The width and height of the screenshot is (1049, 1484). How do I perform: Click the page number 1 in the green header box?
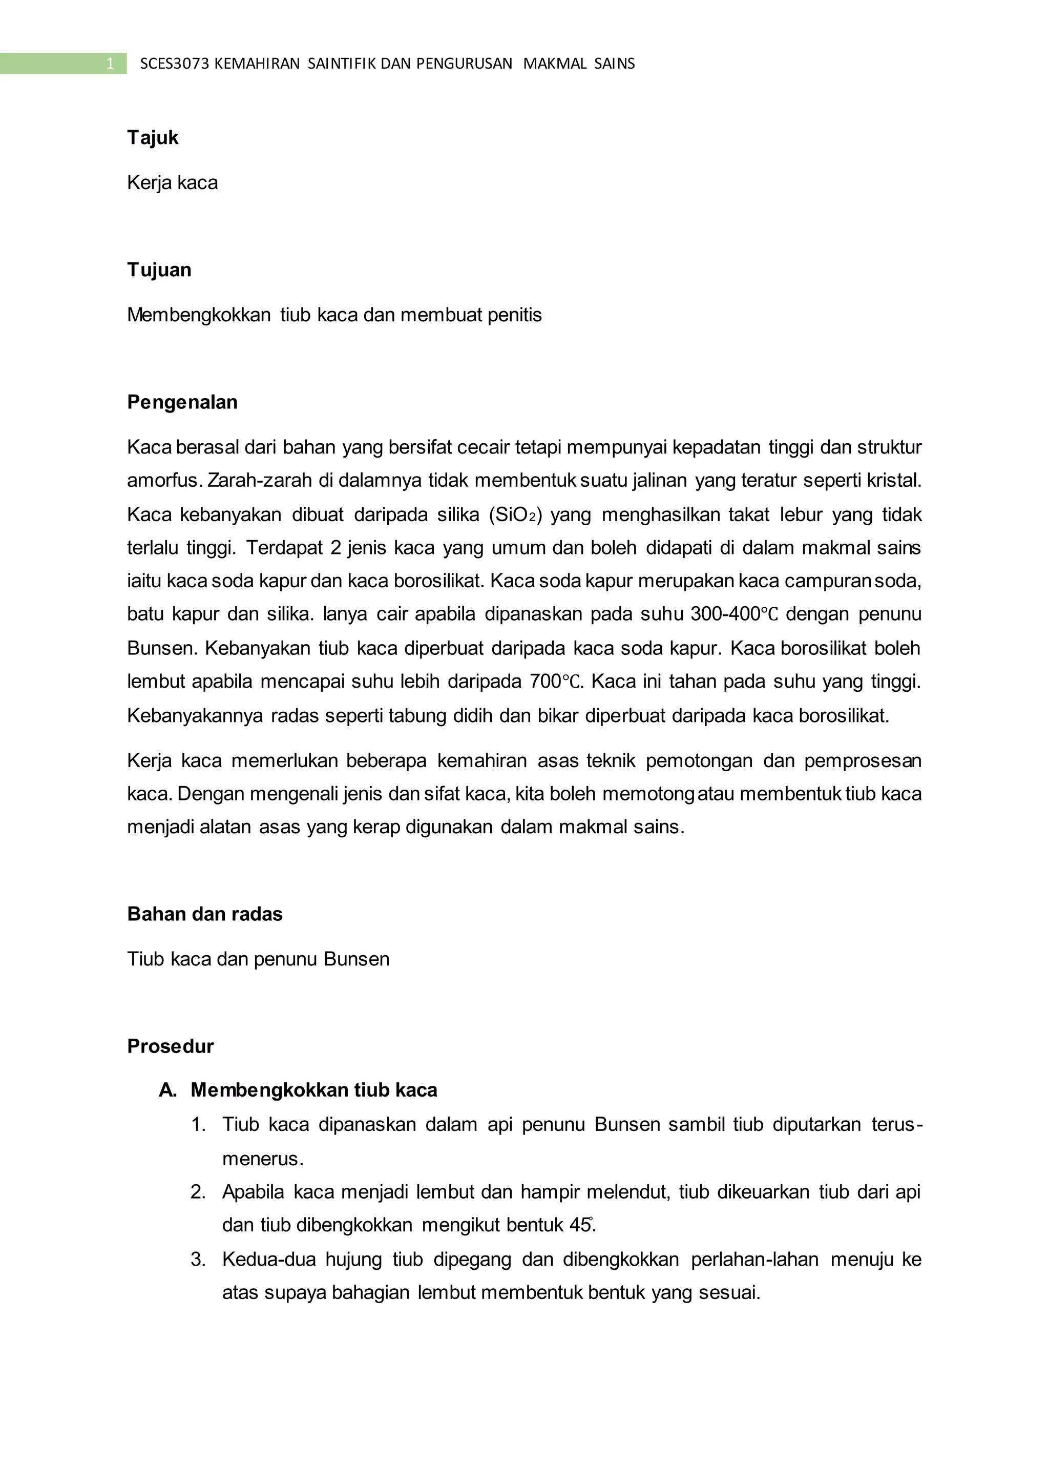point(110,64)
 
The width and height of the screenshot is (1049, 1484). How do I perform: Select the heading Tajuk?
point(153,138)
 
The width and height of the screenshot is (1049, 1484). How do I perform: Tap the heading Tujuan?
point(159,270)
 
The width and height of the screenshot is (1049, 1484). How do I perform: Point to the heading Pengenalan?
point(182,402)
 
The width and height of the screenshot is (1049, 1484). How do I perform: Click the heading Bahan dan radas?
point(205,914)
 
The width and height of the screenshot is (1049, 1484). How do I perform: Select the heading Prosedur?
point(170,1046)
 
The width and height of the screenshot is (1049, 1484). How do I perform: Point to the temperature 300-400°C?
point(735,613)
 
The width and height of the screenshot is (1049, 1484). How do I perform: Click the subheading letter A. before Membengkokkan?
point(167,1090)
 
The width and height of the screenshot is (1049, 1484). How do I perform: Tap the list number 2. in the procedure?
point(198,1191)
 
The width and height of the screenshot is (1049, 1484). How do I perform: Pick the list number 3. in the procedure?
point(198,1259)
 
